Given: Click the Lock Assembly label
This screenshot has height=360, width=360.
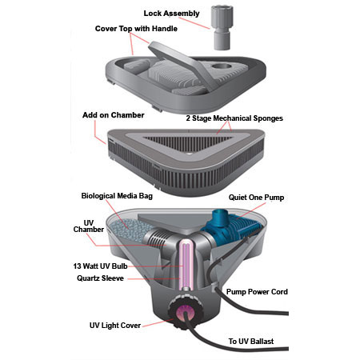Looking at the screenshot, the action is point(171,14).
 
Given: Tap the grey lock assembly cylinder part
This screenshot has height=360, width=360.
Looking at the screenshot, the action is point(222,27).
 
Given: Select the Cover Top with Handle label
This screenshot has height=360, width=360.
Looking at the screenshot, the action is point(136,29).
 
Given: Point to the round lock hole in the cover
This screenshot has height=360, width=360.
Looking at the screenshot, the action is point(222,66).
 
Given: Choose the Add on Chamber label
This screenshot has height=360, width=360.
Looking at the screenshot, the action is point(114,115).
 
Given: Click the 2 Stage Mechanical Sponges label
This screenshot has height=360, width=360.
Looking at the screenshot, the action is point(234,118).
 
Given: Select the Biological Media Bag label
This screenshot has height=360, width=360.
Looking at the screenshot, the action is point(117,196).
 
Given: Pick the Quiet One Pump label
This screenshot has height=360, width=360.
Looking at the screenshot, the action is point(256,198).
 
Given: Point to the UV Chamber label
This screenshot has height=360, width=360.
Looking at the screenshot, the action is point(89,226).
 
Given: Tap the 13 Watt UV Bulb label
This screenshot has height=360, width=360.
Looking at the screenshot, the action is point(100,266).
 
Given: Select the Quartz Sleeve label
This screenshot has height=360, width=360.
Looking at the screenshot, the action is point(100,278).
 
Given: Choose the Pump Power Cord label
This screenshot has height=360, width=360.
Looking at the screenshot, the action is point(257,292).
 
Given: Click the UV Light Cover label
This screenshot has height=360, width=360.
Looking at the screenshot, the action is point(115,326).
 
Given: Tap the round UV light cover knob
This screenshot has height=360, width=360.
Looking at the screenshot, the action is point(185,311).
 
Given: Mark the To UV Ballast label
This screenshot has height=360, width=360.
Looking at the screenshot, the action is point(251,342).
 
